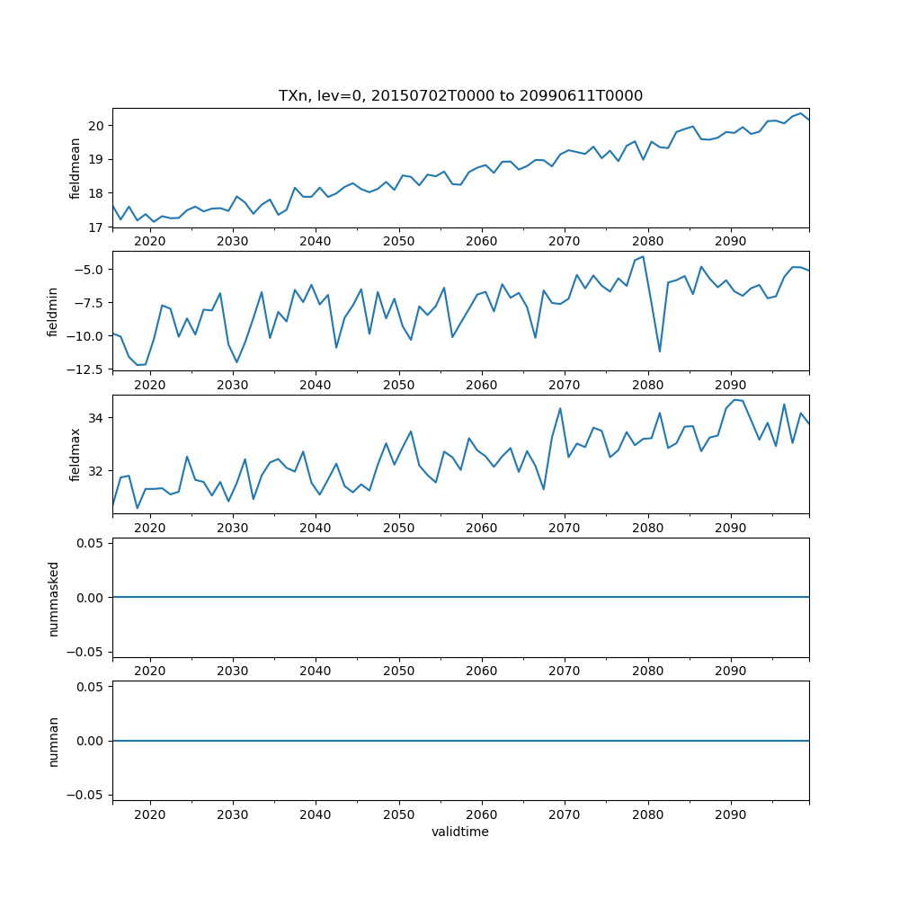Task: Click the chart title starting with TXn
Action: (460, 96)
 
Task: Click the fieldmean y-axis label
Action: (76, 168)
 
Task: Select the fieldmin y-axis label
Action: (53, 311)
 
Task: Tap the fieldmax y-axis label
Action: (76, 455)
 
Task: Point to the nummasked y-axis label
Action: (53, 598)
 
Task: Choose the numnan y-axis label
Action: (53, 741)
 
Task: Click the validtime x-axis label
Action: (460, 832)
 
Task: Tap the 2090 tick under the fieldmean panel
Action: (730, 241)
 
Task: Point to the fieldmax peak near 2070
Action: (560, 408)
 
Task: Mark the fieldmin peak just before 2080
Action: (643, 256)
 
